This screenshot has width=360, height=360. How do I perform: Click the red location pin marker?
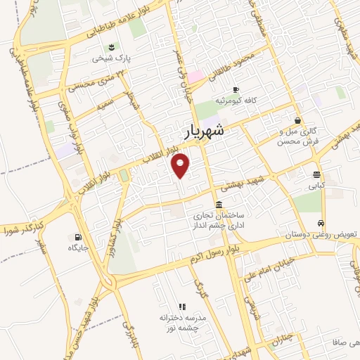click(x=181, y=165)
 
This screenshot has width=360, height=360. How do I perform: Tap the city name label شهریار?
click(x=206, y=131)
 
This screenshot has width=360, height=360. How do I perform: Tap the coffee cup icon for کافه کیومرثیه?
click(x=236, y=89)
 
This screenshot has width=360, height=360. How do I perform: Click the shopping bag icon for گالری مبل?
click(x=299, y=120)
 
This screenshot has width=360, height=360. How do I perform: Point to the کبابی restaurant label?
click(x=316, y=187)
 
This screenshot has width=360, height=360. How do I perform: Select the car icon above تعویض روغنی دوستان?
click(x=322, y=223)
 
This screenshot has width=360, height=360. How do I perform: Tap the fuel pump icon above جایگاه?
click(x=78, y=237)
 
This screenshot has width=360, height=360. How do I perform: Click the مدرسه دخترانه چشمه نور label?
click(x=181, y=323)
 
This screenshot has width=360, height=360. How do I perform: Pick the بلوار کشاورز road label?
click(x=113, y=238)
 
